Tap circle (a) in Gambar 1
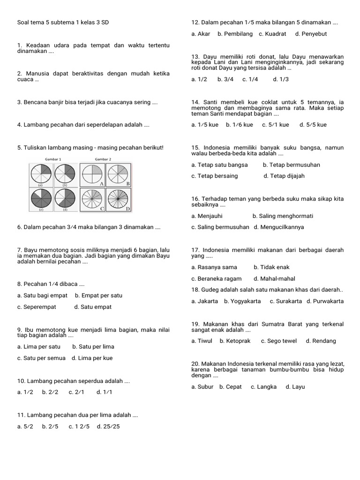(x=40, y=174)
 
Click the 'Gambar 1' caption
(x=53, y=159)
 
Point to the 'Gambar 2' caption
(x=103, y=159)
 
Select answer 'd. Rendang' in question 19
(x=321, y=341)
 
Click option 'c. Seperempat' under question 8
(x=37, y=307)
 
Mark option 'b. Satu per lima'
(x=93, y=347)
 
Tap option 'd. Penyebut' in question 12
(x=311, y=34)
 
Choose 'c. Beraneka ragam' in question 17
(x=217, y=278)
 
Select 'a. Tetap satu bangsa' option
(x=220, y=165)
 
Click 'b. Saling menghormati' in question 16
(x=283, y=216)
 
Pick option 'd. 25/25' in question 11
(x=108, y=427)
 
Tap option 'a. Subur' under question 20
(x=202, y=387)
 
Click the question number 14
(x=195, y=102)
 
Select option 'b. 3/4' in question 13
(x=225, y=79)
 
